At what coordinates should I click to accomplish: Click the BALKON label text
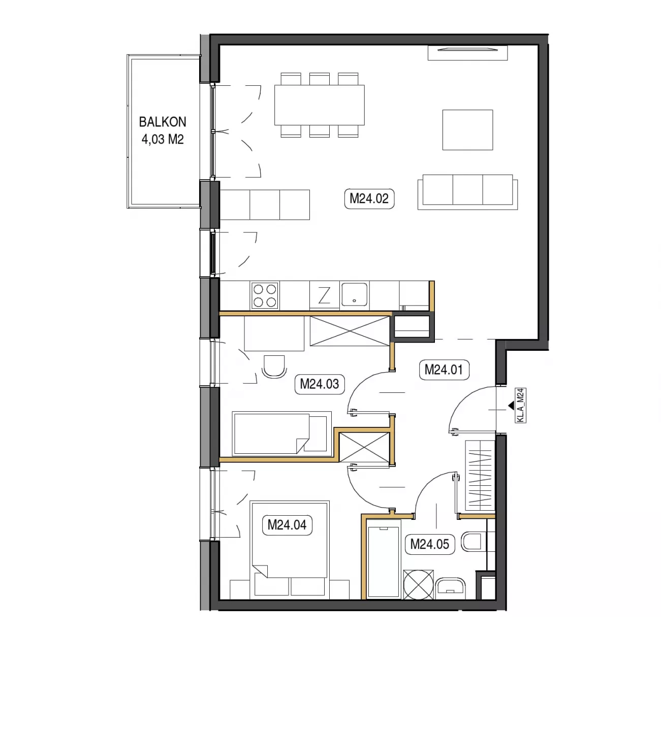(163, 122)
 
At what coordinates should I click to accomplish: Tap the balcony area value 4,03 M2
(163, 139)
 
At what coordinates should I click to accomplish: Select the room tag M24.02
(369, 198)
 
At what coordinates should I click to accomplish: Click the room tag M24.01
(444, 370)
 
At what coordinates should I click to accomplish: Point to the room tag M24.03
(320, 384)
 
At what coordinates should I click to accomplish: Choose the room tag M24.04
(287, 525)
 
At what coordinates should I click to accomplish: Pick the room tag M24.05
(430, 544)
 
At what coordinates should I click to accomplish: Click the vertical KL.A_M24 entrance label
(521, 405)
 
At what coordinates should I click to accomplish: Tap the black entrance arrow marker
(511, 405)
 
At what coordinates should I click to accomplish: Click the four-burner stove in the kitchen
(265, 295)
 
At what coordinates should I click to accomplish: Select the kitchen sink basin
(354, 294)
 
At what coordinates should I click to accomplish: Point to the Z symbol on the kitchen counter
(324, 295)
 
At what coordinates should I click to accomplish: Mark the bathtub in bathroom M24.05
(384, 560)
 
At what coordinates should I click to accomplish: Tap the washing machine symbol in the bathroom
(419, 585)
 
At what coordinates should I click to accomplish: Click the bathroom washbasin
(451, 588)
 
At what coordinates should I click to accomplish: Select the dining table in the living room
(319, 105)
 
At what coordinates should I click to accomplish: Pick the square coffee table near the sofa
(467, 130)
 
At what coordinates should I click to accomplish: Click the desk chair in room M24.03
(274, 367)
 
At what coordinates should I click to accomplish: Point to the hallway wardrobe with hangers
(480, 475)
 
